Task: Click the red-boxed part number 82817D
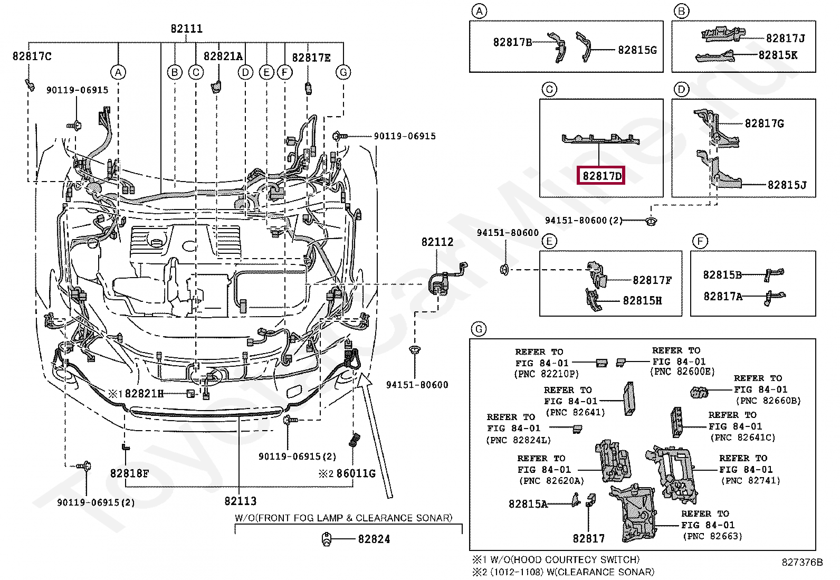(602, 176)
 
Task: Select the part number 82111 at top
(186, 28)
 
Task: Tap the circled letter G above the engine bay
(343, 72)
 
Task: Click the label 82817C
(32, 56)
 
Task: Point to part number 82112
(437, 242)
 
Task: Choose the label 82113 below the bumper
(241, 501)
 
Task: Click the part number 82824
(374, 539)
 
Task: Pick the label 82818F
(129, 473)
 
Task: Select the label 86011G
(356, 473)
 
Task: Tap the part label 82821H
(144, 394)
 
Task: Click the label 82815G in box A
(637, 50)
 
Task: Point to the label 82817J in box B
(785, 38)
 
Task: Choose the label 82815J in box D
(787, 185)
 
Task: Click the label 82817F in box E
(652, 280)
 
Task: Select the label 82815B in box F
(722, 274)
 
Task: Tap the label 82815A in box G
(528, 504)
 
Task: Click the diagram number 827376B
(802, 562)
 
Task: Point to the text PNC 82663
(712, 536)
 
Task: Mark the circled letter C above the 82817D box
(549, 89)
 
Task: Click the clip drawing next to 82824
(327, 539)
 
